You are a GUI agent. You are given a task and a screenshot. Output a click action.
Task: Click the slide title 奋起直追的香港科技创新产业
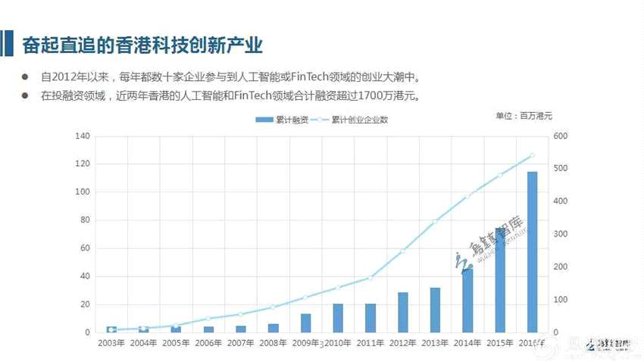(142, 45)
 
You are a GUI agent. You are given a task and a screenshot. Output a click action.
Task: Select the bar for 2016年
(532, 252)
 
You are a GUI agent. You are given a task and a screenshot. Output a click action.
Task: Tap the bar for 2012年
(402, 312)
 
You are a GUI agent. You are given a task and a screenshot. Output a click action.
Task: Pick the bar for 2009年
(305, 323)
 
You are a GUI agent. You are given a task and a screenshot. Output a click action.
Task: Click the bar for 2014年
(467, 301)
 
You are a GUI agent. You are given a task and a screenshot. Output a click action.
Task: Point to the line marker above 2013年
(435, 222)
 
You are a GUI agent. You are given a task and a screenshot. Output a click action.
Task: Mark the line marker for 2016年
(532, 155)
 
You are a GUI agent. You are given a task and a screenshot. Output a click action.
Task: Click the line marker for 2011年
(370, 278)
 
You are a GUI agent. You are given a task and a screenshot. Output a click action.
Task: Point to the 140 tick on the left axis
(83, 136)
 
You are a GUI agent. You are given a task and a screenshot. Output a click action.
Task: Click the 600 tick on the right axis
(560, 136)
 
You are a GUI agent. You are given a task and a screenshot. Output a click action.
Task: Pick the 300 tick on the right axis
(560, 234)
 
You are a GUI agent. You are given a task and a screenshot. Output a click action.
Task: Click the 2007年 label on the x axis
(241, 343)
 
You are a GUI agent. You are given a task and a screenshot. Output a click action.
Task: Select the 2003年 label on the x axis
(111, 343)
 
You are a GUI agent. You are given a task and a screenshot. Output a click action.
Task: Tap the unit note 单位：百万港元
(524, 116)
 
